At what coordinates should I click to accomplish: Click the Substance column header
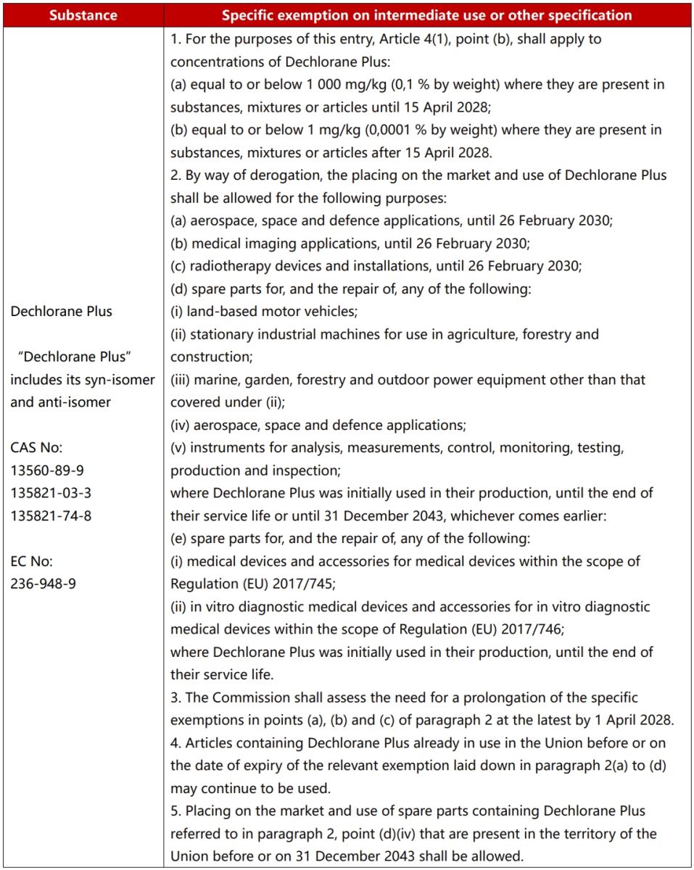tap(82, 14)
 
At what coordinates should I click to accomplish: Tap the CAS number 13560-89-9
tap(47, 470)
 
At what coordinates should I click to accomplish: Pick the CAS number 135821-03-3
tap(51, 493)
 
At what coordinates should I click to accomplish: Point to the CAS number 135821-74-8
tap(51, 515)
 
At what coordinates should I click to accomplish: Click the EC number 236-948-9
tap(44, 584)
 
